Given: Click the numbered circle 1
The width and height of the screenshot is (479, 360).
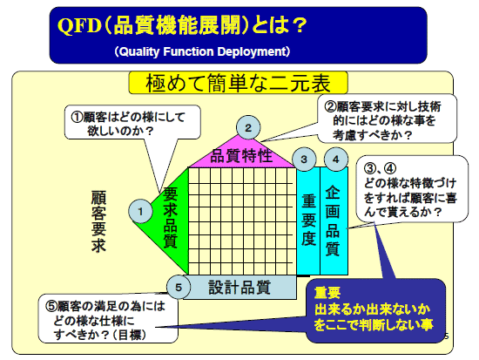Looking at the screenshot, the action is pos(140,211).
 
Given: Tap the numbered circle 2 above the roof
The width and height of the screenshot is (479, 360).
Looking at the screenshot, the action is pos(248,127).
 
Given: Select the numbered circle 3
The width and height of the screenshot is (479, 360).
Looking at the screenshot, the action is pos(304,160).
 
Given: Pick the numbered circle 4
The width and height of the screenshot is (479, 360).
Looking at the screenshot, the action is pos(335,160).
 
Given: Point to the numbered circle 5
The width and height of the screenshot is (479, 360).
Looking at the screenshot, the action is pos(179,287).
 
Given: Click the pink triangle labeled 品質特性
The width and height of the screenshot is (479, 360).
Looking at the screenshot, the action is pos(241,154).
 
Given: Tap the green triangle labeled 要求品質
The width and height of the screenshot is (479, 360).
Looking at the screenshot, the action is pos(171,221).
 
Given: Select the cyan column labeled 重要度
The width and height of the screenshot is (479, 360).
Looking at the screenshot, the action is pos(308,221).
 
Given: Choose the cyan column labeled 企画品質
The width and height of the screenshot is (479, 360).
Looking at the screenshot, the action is pos(334,221).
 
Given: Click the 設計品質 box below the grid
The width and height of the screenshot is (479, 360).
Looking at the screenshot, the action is pos(239,287).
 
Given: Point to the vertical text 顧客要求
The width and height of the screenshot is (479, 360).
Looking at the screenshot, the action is pos(98,221).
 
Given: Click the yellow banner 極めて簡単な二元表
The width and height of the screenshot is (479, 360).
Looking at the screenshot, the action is pos(239,83).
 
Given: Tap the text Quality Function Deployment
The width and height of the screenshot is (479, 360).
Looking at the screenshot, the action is pos(202,51).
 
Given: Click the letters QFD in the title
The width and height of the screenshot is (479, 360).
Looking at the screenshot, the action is pos(79,25).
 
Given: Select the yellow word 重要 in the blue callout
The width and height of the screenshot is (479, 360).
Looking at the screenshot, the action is pos(327,293).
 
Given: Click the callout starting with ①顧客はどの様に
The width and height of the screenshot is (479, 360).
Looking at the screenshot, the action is pos(132,122).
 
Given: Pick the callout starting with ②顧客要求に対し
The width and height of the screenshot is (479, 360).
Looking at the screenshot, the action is pos(387,119).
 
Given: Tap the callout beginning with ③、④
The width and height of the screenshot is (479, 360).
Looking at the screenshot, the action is pos(412,188).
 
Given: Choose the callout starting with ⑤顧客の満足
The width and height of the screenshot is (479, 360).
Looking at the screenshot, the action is pos(108,319).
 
